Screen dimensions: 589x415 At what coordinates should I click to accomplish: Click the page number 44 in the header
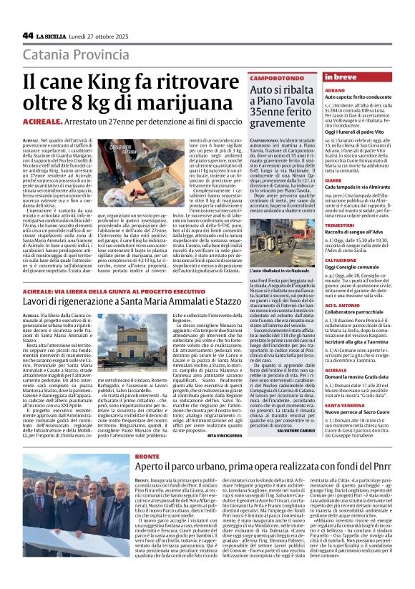28,35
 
